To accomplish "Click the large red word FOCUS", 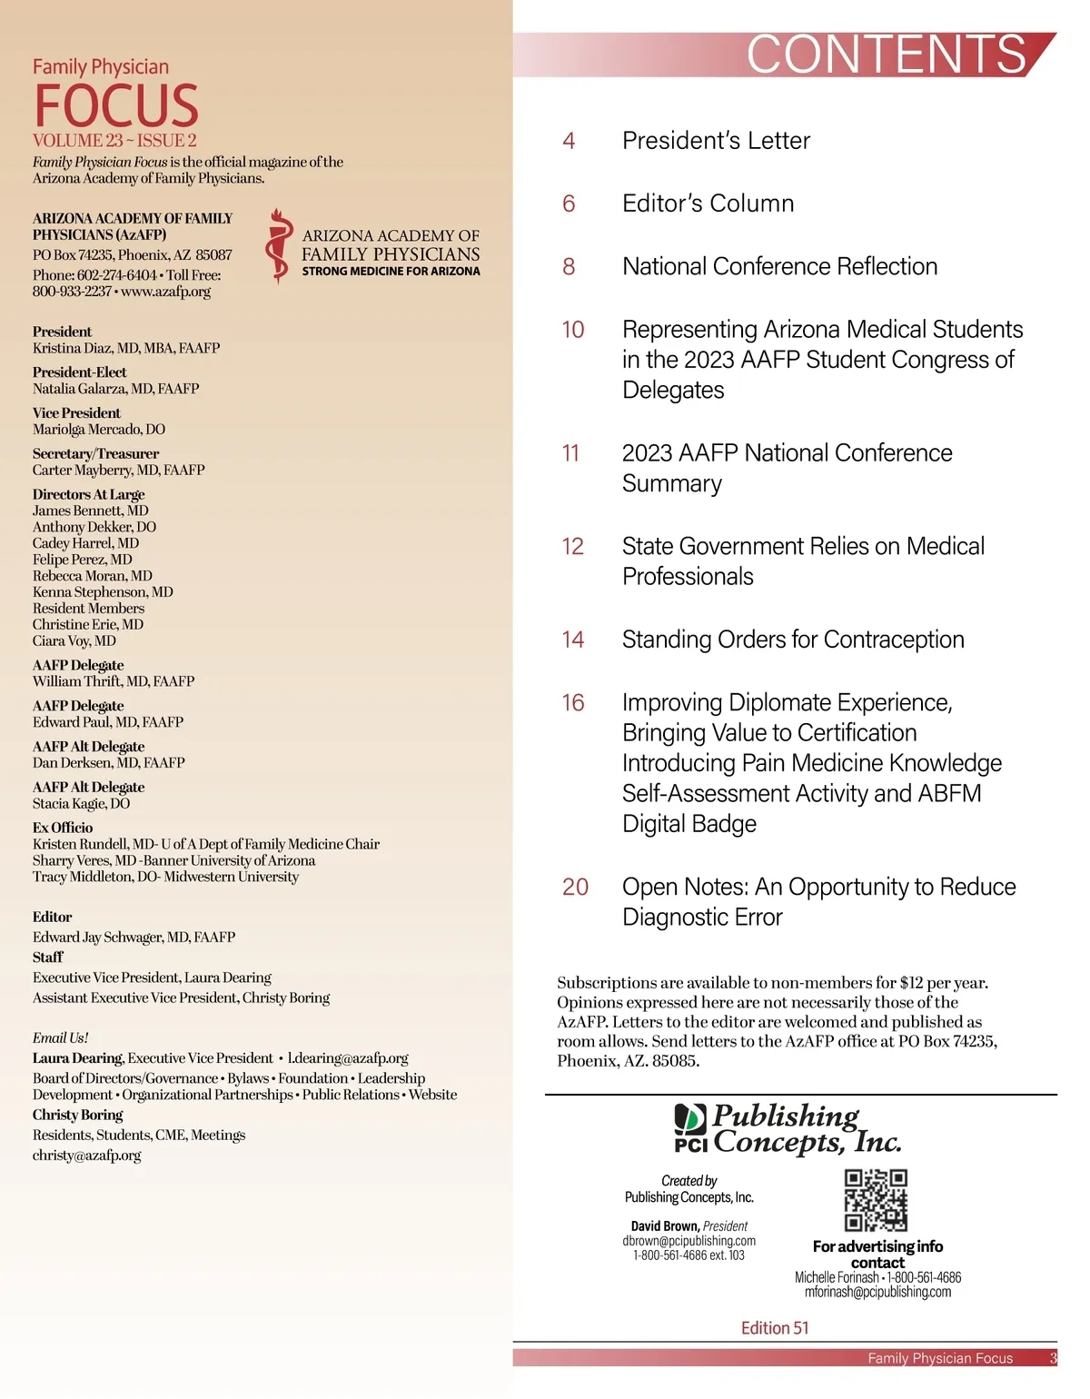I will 116,105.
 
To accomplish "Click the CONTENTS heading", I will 887,55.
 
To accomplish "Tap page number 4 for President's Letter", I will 569,141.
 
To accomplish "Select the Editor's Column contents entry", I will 708,203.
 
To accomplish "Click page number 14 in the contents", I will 572,640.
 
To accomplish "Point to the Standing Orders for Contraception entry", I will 793,640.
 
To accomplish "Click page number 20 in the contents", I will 575,887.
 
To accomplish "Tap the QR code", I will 876,1200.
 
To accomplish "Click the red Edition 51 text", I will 775,1328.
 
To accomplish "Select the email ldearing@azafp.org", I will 348,1058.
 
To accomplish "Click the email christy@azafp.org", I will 87,1156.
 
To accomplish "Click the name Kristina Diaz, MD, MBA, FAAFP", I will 126,348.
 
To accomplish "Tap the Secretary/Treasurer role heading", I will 95,453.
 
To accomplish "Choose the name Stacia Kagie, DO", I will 82,803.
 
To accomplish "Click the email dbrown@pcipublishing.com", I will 689,1241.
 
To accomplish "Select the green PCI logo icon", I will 690,1118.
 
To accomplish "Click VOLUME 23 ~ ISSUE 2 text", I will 114,141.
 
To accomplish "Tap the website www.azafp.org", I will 165,292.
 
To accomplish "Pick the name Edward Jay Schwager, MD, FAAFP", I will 134,937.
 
